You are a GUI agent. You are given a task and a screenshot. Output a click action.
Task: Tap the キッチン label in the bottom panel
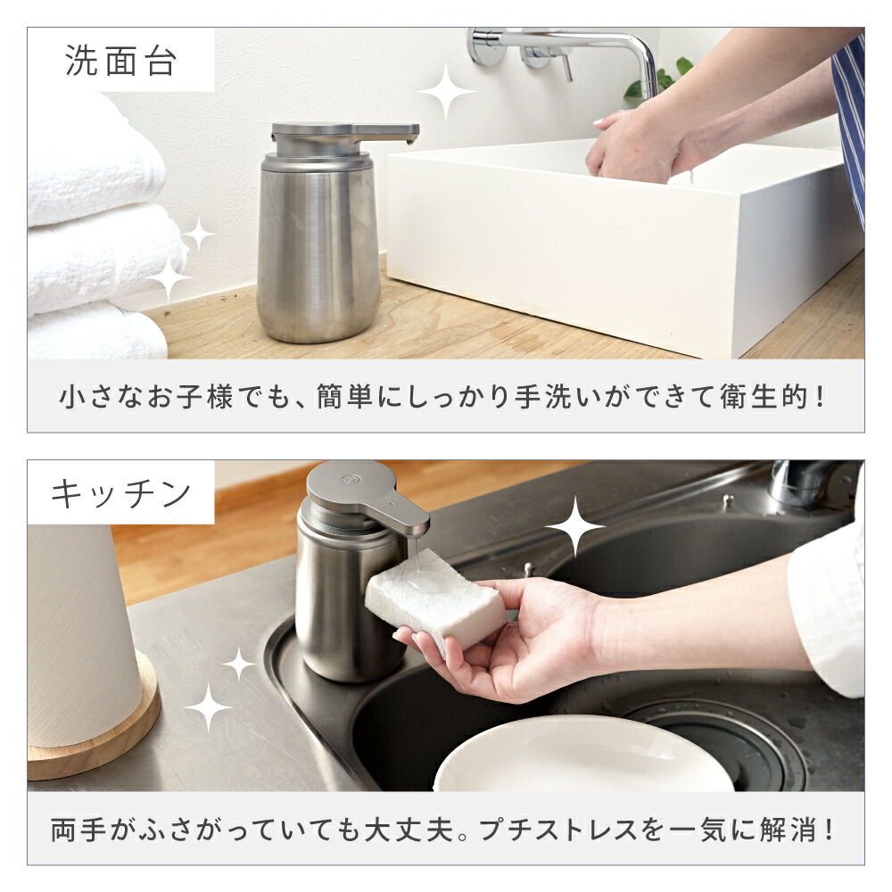(x=121, y=492)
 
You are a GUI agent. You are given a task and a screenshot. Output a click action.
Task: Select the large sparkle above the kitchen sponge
(x=575, y=526)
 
